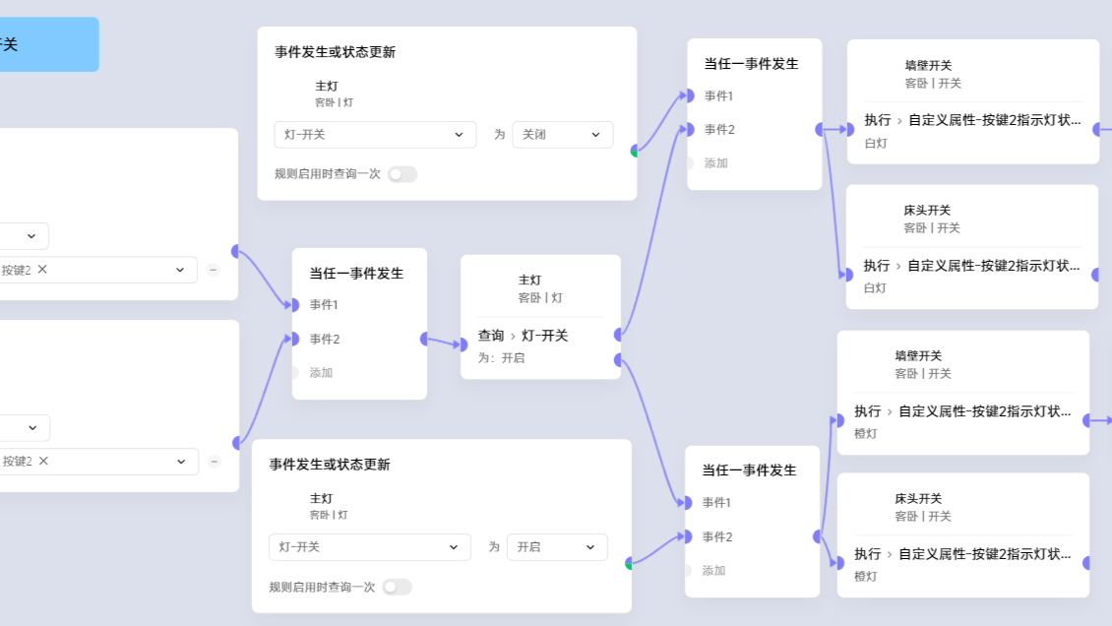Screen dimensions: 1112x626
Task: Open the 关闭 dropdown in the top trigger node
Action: pos(562,135)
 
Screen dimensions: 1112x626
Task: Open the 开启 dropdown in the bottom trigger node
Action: pos(557,547)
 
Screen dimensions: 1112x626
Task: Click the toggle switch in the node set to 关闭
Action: pos(402,174)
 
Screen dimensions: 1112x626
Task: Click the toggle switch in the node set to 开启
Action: pos(397,587)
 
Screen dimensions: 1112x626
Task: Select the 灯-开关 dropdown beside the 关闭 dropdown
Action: pos(375,135)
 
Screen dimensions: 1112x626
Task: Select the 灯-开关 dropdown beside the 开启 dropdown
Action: pos(369,547)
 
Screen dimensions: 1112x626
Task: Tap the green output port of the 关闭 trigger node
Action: pos(634,151)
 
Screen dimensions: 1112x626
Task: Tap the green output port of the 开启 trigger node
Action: pos(629,564)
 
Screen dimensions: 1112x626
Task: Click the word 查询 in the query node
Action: pos(491,336)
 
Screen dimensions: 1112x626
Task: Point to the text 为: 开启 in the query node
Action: pos(502,358)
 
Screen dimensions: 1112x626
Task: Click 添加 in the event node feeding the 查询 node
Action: pos(321,373)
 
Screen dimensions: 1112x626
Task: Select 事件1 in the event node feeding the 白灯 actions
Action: pos(718,95)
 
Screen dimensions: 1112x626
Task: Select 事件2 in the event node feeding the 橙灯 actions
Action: pos(717,536)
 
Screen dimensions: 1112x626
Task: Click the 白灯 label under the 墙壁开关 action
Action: pos(876,143)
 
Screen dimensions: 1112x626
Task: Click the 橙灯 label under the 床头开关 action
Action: pos(866,577)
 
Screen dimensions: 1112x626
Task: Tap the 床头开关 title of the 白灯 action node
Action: pos(927,210)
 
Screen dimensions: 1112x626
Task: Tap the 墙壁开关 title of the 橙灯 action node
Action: pos(918,355)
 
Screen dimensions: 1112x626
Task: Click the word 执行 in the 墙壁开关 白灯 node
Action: pos(878,120)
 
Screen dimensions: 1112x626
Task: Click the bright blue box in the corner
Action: pos(49,44)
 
